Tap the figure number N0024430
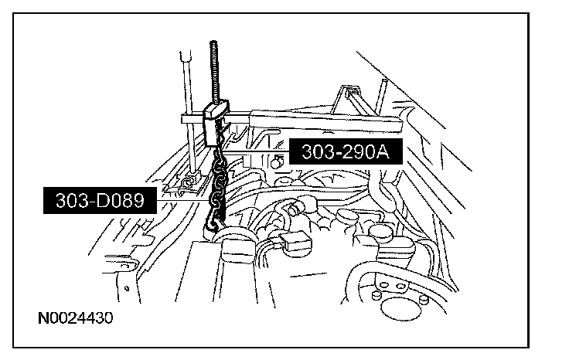[x=76, y=318]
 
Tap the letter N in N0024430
[x=42, y=318]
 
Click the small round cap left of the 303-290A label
[x=275, y=161]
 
